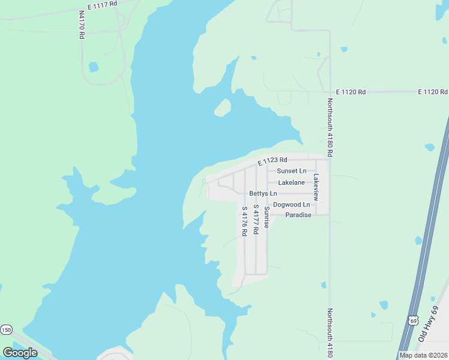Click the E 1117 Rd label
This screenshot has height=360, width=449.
point(101,5)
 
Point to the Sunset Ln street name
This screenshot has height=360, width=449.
point(292,171)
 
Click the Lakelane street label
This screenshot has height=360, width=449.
point(292,182)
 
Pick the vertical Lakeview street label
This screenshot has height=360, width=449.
point(316,187)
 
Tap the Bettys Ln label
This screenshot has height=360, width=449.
point(264,194)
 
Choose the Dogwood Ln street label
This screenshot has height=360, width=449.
point(292,205)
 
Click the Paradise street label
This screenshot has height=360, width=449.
point(298,215)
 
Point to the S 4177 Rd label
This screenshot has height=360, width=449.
point(256,219)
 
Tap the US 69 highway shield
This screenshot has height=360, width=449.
point(413,321)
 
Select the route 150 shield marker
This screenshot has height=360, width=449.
point(6,329)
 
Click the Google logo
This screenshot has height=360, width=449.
point(20,352)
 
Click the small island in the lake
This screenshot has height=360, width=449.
point(223,108)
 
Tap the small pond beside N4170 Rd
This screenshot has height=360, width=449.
point(94,67)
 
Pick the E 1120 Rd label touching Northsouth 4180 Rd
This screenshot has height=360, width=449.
point(351,92)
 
